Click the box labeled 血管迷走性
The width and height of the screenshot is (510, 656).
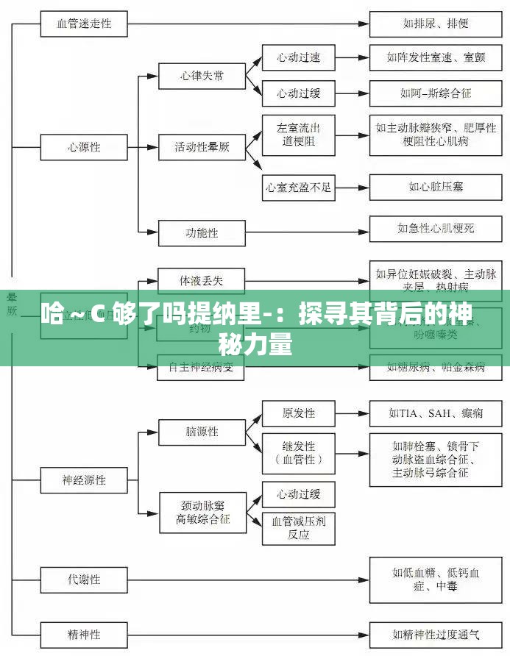point(85,24)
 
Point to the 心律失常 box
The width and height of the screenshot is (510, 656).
point(202,76)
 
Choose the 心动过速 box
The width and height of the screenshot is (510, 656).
point(298,57)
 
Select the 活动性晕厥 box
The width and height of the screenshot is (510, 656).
point(202,147)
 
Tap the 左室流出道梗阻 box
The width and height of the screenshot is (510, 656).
point(298,135)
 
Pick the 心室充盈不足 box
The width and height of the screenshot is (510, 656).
point(298,187)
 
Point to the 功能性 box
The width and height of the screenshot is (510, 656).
point(202,233)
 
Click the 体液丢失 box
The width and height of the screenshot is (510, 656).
point(201,281)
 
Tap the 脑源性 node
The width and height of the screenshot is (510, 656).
point(202,432)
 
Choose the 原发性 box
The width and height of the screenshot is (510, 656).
point(298,413)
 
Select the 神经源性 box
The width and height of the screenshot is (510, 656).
point(83,479)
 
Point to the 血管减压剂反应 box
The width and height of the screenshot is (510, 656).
point(298,527)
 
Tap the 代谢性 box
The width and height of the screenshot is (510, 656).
point(83,579)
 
